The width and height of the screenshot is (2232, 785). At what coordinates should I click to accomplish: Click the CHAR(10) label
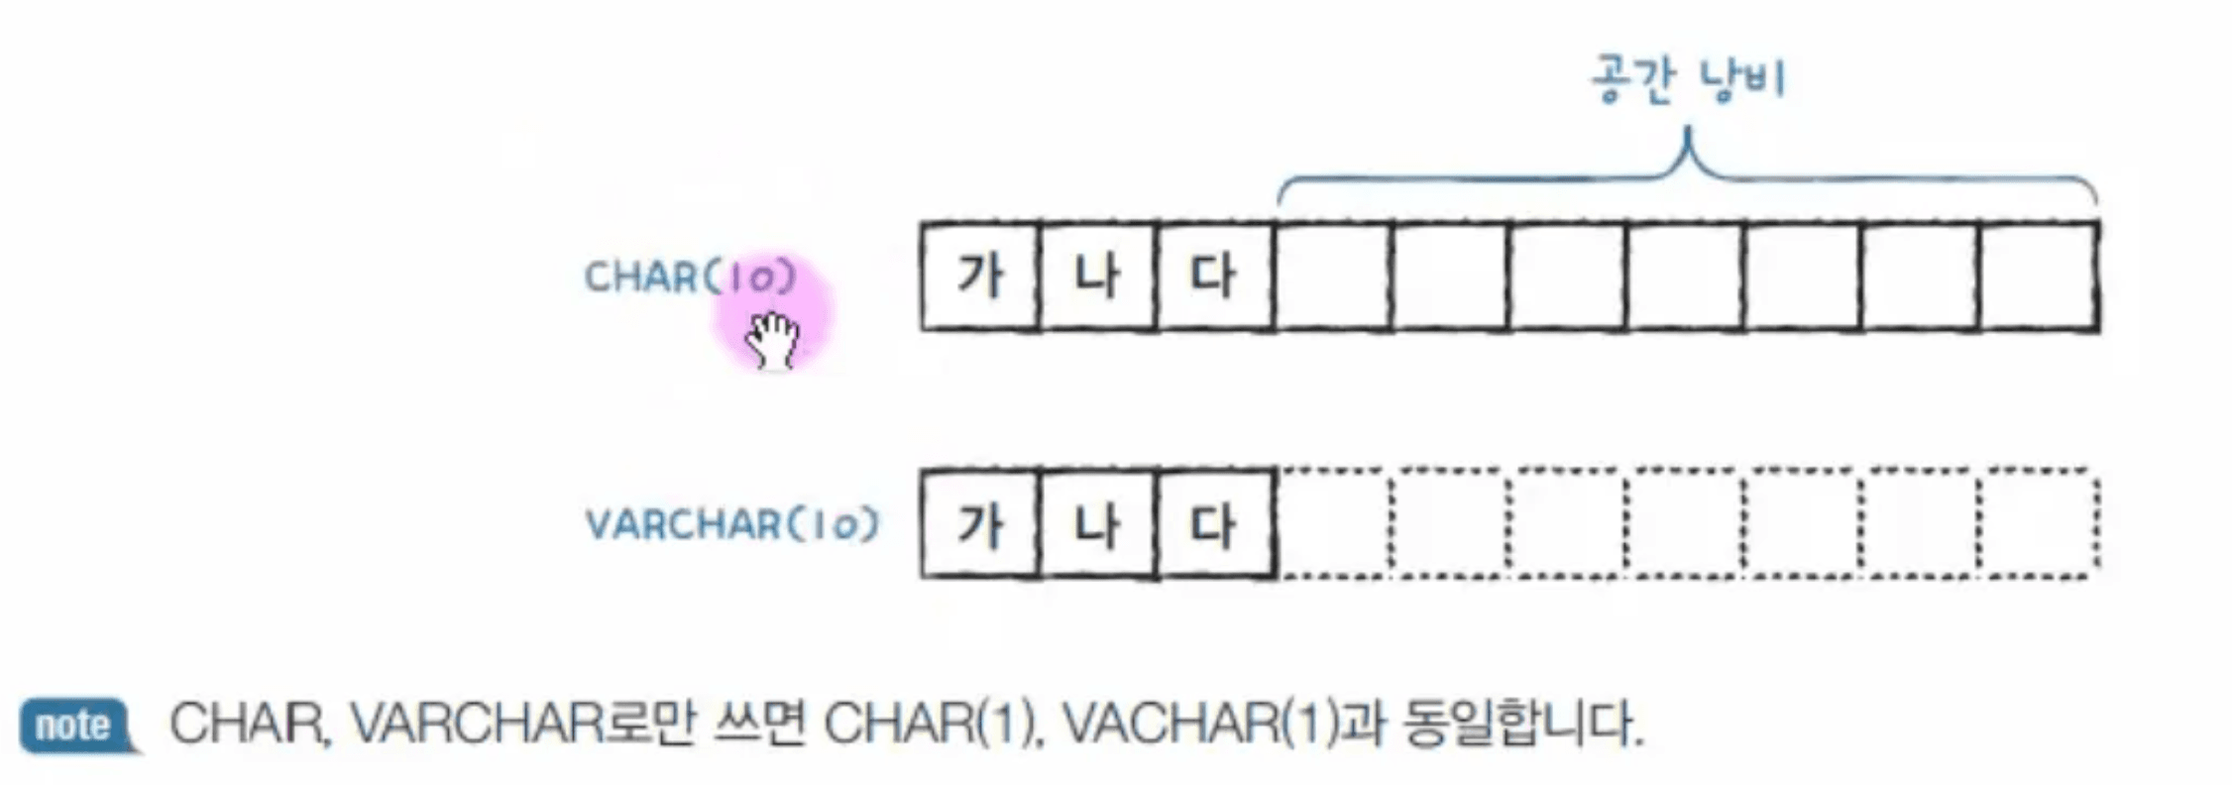point(690,277)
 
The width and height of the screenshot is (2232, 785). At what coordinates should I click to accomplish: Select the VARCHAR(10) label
point(732,523)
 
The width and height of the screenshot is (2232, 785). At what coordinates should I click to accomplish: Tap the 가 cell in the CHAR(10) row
point(980,276)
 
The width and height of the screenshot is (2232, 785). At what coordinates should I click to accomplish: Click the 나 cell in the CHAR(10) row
point(1097,276)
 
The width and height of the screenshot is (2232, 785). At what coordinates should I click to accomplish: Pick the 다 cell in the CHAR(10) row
point(1215,276)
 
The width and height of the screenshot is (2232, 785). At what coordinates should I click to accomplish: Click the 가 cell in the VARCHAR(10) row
point(980,523)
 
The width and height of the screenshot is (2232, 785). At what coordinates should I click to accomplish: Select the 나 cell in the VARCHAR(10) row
point(1097,523)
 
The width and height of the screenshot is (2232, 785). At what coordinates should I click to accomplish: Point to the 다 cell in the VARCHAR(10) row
point(1215,523)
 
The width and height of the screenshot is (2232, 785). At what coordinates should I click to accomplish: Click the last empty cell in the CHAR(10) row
point(2040,276)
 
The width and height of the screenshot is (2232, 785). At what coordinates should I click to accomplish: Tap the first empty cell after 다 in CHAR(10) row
point(1333,276)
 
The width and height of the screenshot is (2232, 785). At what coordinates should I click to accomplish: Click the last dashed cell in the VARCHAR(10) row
point(2040,523)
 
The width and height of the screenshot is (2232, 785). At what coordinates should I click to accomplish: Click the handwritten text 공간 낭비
point(1688,79)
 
